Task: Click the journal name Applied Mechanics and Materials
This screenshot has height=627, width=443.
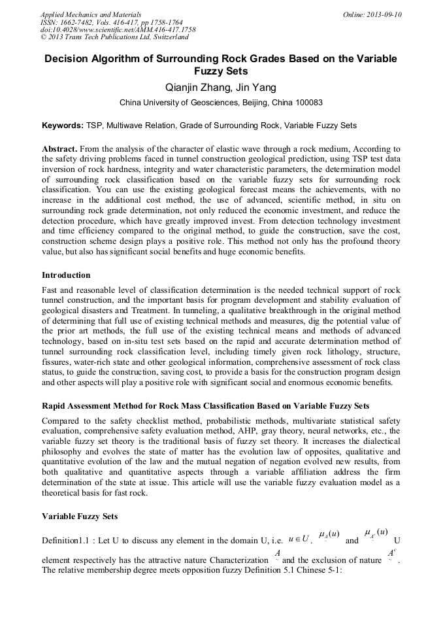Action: coord(90,14)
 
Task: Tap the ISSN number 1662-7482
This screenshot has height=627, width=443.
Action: coord(81,22)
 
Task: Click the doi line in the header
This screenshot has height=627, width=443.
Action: coord(118,29)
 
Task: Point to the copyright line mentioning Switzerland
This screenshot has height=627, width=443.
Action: coord(114,37)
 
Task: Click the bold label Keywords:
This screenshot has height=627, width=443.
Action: coord(63,125)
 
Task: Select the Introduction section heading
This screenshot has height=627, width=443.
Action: coord(66,275)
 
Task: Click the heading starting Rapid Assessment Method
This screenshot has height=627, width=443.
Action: coord(205,406)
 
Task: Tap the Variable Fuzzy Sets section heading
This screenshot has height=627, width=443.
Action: coord(80,517)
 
